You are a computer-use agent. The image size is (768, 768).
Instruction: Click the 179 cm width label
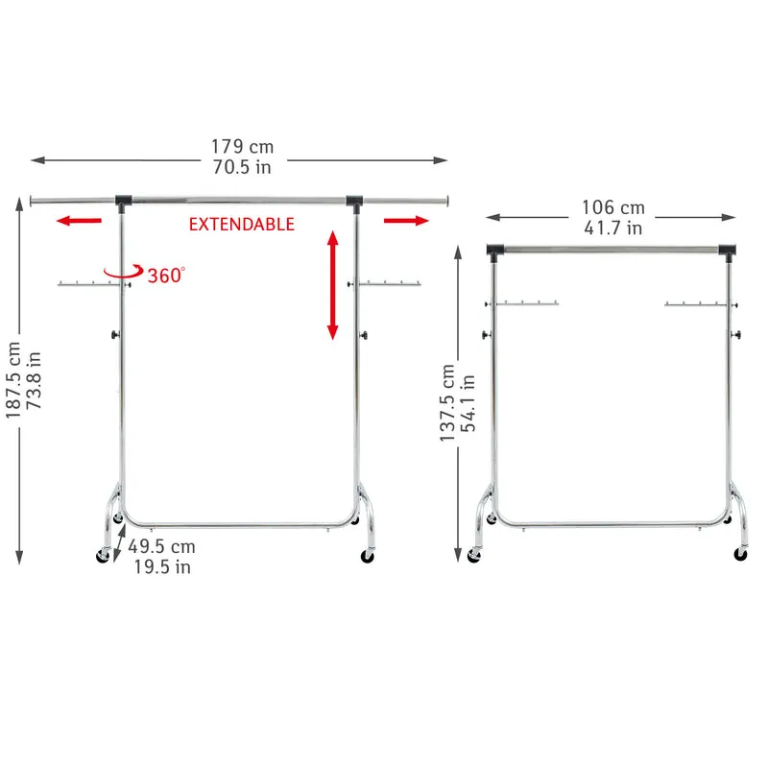pyautogui.click(x=242, y=147)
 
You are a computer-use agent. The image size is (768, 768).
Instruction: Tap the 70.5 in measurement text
pyautogui.click(x=242, y=167)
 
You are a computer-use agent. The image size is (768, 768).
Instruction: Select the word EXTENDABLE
pyautogui.click(x=242, y=225)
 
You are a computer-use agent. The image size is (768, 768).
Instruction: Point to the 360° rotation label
pyautogui.click(x=166, y=276)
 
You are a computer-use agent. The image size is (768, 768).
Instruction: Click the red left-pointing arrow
pyautogui.click(x=79, y=221)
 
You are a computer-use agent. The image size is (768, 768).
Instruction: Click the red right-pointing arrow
pyautogui.click(x=406, y=221)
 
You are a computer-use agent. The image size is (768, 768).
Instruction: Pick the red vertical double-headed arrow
pyautogui.click(x=333, y=285)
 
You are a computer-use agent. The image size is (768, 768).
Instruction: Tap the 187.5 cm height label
pyautogui.click(x=13, y=380)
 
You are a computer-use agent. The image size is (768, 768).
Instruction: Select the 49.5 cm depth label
pyautogui.click(x=161, y=546)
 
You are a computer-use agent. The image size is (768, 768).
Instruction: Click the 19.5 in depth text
pyautogui.click(x=162, y=566)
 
